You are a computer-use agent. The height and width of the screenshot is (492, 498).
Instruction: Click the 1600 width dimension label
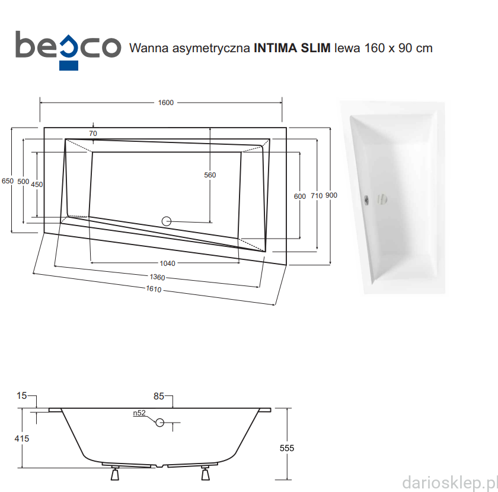click(x=166, y=103)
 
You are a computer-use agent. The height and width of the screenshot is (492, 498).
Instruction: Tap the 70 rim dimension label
click(x=93, y=134)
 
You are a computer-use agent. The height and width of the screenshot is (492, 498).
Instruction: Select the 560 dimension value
click(x=210, y=175)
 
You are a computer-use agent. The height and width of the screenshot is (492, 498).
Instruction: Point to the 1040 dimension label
click(x=167, y=264)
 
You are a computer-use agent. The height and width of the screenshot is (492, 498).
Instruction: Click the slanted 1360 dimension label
click(x=158, y=277)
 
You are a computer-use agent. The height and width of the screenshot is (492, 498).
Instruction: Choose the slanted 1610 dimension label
click(x=154, y=289)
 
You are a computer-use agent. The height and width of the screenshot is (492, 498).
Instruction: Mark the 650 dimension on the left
click(x=8, y=181)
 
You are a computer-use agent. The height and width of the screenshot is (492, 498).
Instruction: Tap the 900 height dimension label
click(x=331, y=195)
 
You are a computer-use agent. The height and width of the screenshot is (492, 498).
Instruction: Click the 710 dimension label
click(x=317, y=196)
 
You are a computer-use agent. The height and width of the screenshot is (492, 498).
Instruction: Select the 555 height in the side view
click(x=287, y=448)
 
